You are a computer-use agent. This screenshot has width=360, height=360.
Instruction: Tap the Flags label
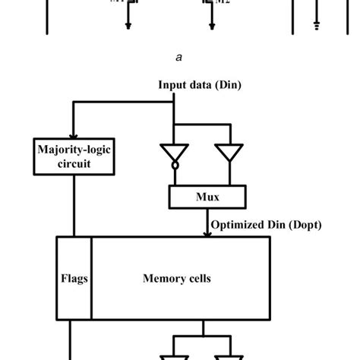click(x=74, y=279)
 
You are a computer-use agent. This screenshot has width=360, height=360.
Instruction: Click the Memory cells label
click(x=176, y=279)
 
